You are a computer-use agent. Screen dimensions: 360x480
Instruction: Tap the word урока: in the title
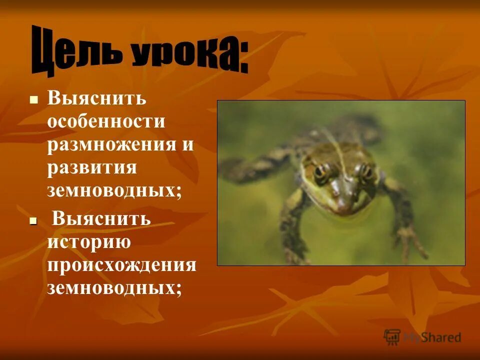pos(190,56)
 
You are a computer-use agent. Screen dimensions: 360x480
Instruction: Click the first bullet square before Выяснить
pos(34,99)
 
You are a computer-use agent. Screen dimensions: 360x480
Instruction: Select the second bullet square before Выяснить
pos(34,220)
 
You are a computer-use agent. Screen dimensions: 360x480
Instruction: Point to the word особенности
pos(106,121)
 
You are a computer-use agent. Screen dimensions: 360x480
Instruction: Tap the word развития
pos(92,167)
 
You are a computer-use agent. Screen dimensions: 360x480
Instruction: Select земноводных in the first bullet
pos(114,191)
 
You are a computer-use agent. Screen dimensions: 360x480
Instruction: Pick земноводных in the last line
pos(114,287)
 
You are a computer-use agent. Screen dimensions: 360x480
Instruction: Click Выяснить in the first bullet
pos(96,98)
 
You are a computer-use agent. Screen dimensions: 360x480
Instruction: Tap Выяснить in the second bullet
pos(101,218)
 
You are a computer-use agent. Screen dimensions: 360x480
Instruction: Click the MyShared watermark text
pos(432,337)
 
